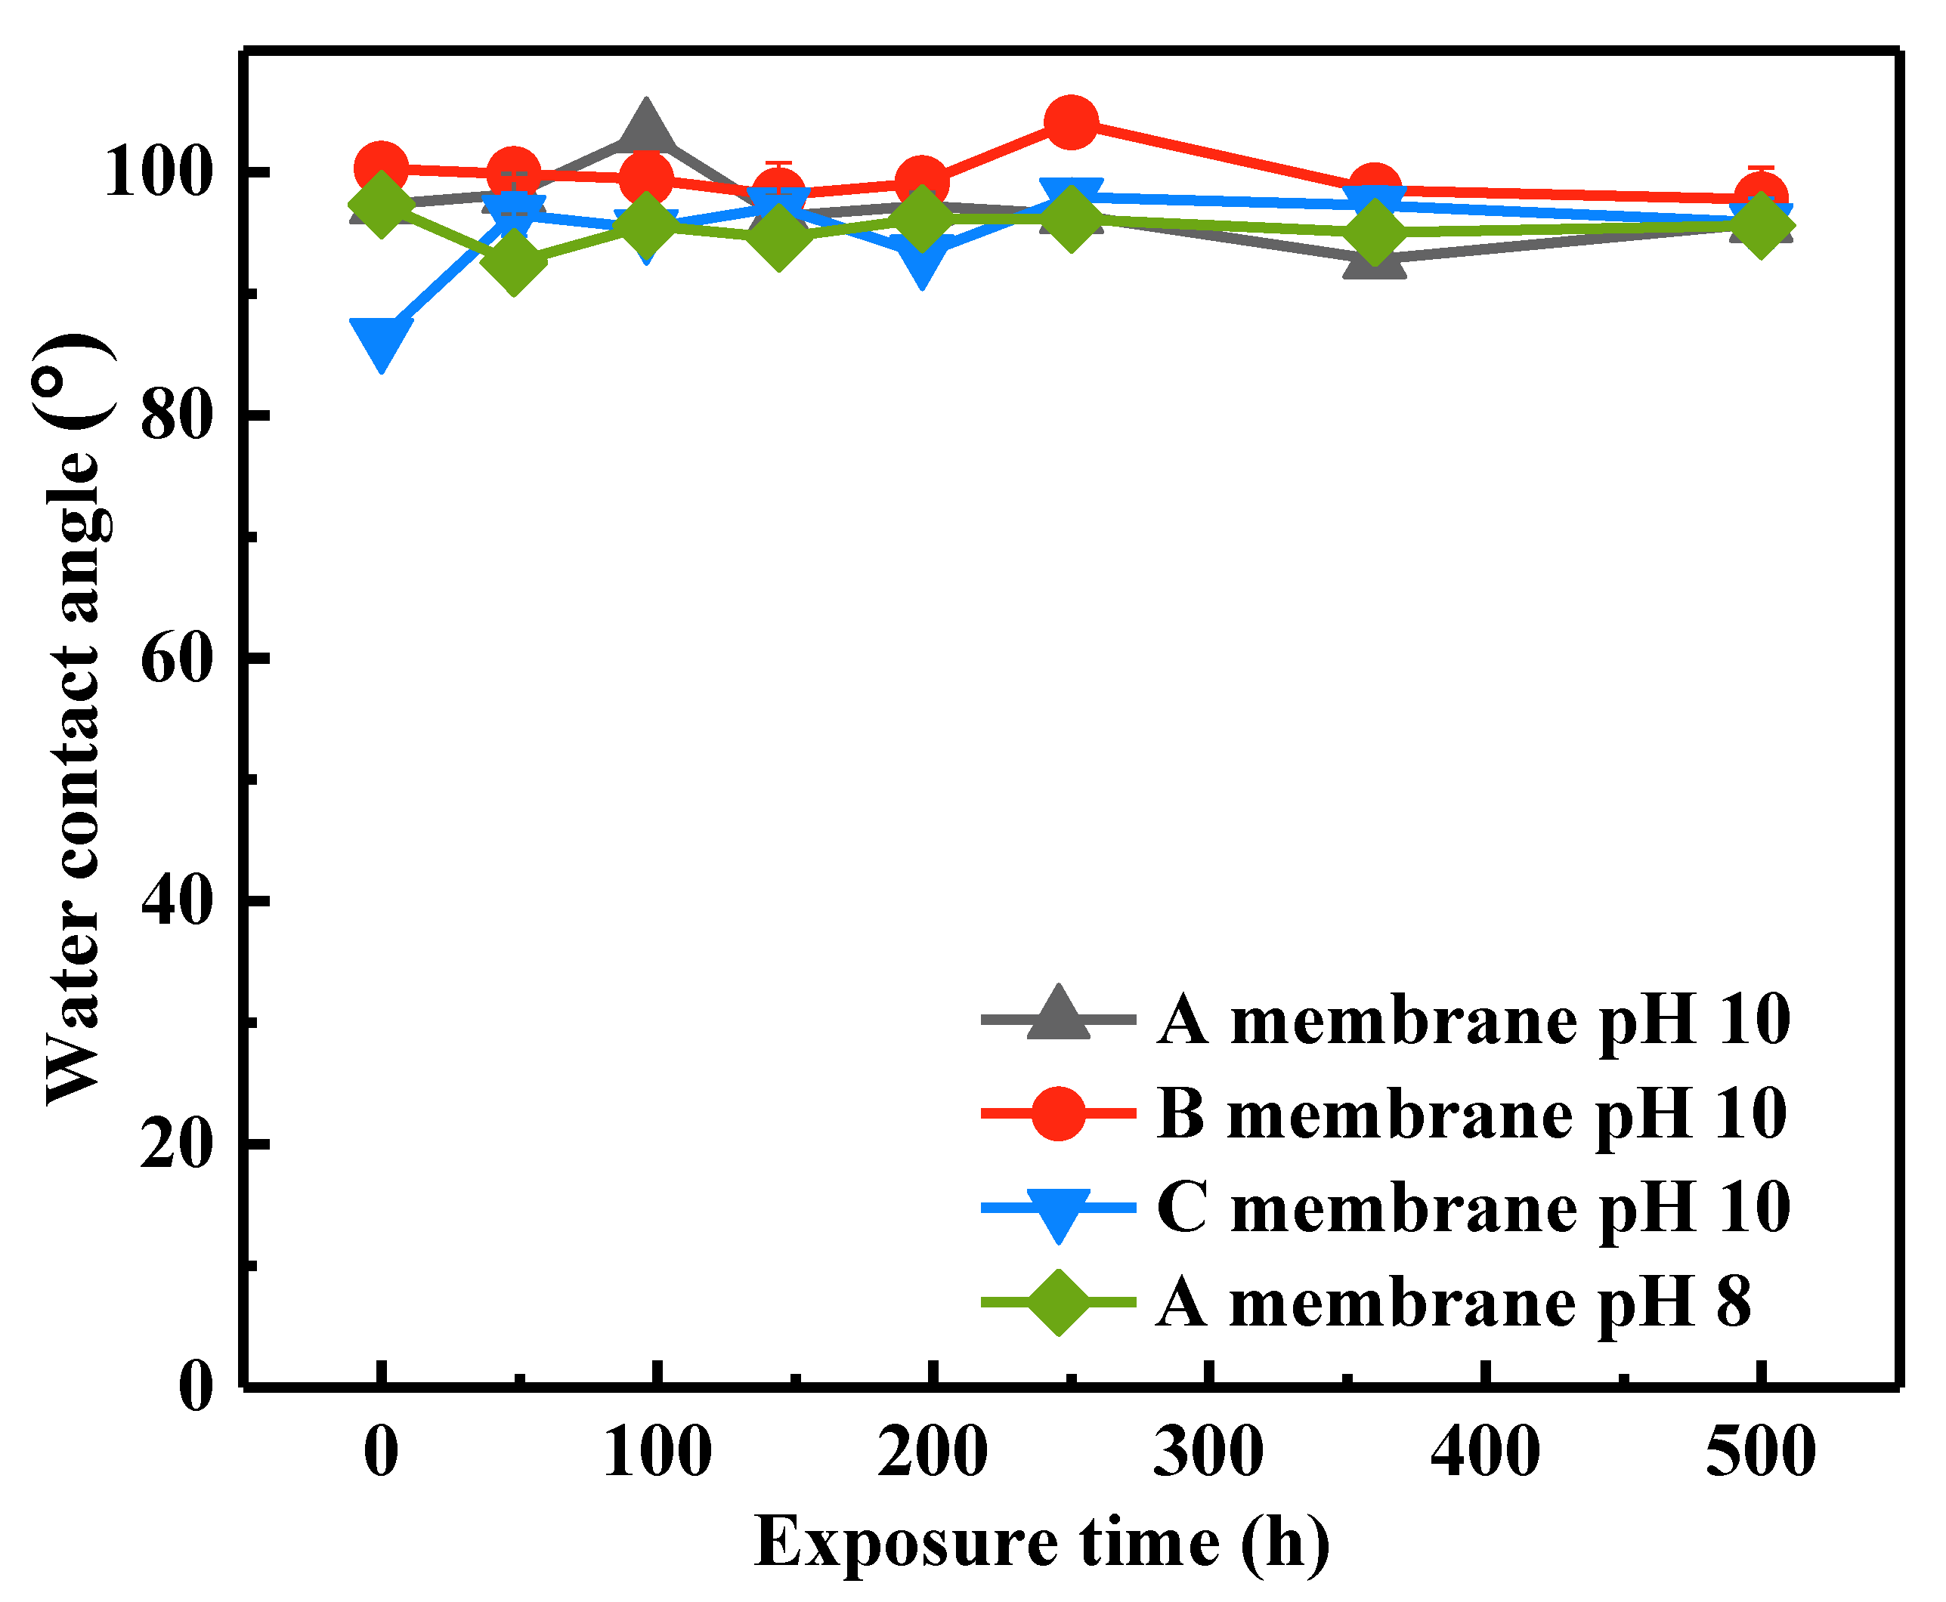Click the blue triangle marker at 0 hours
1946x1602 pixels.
381,341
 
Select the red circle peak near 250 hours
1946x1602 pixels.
1071,122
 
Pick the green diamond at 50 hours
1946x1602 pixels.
513,261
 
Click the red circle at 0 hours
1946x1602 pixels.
381,169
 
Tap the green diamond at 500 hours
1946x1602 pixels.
1760,224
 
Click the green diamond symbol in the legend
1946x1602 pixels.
1058,1302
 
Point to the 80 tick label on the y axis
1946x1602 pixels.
178,415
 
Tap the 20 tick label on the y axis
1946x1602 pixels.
178,1144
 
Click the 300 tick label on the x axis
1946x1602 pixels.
1208,1452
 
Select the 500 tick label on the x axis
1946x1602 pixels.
1760,1452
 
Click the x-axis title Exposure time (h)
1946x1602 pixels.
1042,1542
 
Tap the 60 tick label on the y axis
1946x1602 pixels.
178,658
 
